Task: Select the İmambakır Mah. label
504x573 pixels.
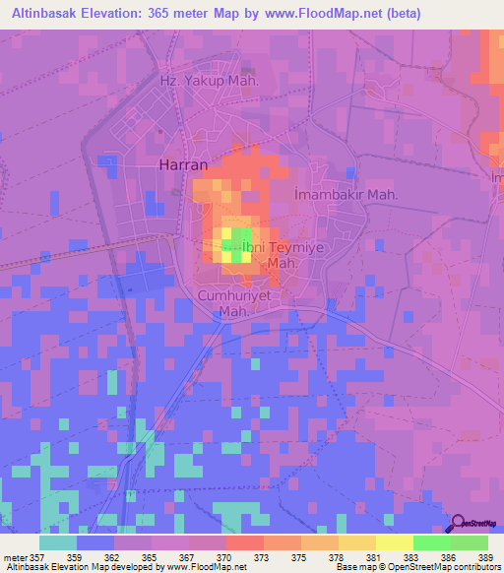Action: tap(346, 195)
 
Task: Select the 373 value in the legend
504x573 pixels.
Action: tap(263, 555)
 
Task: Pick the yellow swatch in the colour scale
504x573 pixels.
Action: tap(394, 542)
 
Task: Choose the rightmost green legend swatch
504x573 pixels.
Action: tap(469, 542)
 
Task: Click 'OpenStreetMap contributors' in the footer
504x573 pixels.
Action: tap(451, 567)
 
